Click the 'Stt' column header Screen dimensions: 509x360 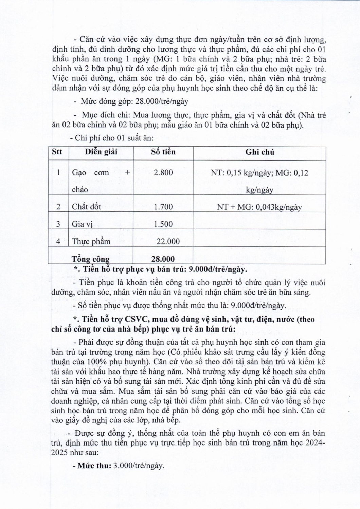[x=57, y=152]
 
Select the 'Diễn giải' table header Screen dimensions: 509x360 [x=101, y=152]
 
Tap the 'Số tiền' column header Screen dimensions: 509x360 [x=163, y=152]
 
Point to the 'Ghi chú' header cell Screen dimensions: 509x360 [x=259, y=152]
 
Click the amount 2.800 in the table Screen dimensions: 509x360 [x=163, y=172]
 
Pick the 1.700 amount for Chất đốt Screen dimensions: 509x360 [x=163, y=207]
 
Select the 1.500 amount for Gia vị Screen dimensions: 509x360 [x=163, y=224]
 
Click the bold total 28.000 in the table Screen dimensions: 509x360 [x=163, y=259]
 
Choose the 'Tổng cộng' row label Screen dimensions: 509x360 [x=91, y=259]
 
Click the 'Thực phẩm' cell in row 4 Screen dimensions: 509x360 [x=91, y=242]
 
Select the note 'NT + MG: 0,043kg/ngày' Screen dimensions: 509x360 [x=259, y=207]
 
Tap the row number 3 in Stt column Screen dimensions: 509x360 [x=58, y=224]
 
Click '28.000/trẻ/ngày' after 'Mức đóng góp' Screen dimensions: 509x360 [x=162, y=101]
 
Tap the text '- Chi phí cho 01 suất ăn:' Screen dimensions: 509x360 [x=112, y=138]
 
